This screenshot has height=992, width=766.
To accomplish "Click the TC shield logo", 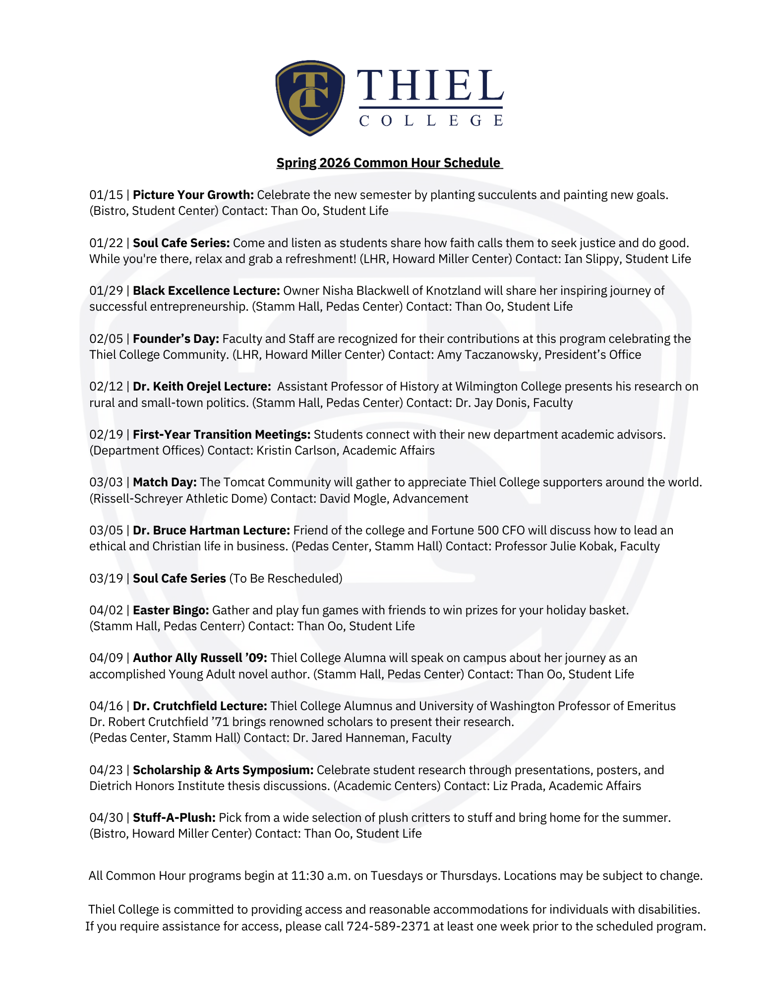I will (x=310, y=98).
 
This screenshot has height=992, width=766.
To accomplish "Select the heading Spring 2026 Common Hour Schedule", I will (x=389, y=163).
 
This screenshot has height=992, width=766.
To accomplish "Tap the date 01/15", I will (x=106, y=195).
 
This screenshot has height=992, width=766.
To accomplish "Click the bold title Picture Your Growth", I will (x=193, y=195).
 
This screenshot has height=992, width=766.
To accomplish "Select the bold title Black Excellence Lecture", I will (x=206, y=291).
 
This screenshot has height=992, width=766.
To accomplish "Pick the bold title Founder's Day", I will (x=176, y=339).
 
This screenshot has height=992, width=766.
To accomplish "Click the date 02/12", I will (x=106, y=387).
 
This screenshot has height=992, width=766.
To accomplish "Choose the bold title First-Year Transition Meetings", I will (x=222, y=435).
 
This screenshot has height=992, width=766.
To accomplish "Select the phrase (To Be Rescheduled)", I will (x=286, y=579).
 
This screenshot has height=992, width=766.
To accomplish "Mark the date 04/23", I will (x=106, y=770).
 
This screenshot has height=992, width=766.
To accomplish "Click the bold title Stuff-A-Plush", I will (x=174, y=818).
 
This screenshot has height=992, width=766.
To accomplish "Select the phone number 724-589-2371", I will (x=388, y=926).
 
